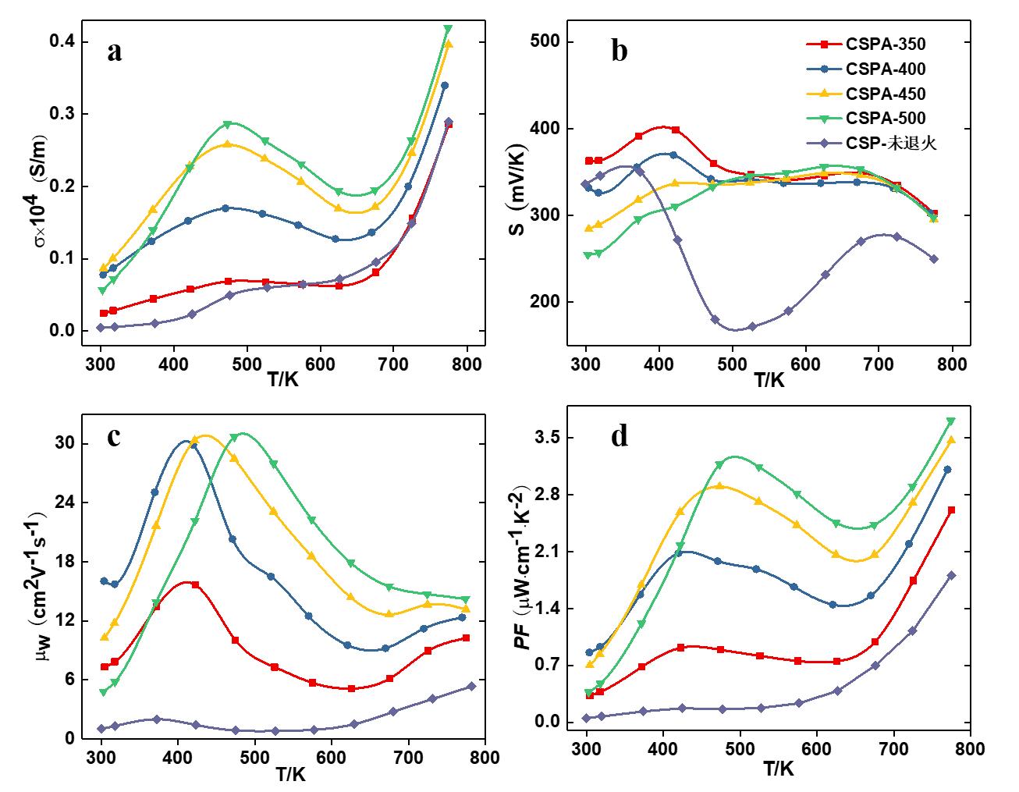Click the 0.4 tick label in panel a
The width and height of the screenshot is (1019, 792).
coord(69,41)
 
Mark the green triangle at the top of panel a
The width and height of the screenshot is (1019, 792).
coord(448,30)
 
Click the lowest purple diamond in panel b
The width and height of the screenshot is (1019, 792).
coord(715,320)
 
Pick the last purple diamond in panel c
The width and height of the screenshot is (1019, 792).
coord(471,687)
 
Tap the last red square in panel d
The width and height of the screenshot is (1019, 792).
coord(951,510)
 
